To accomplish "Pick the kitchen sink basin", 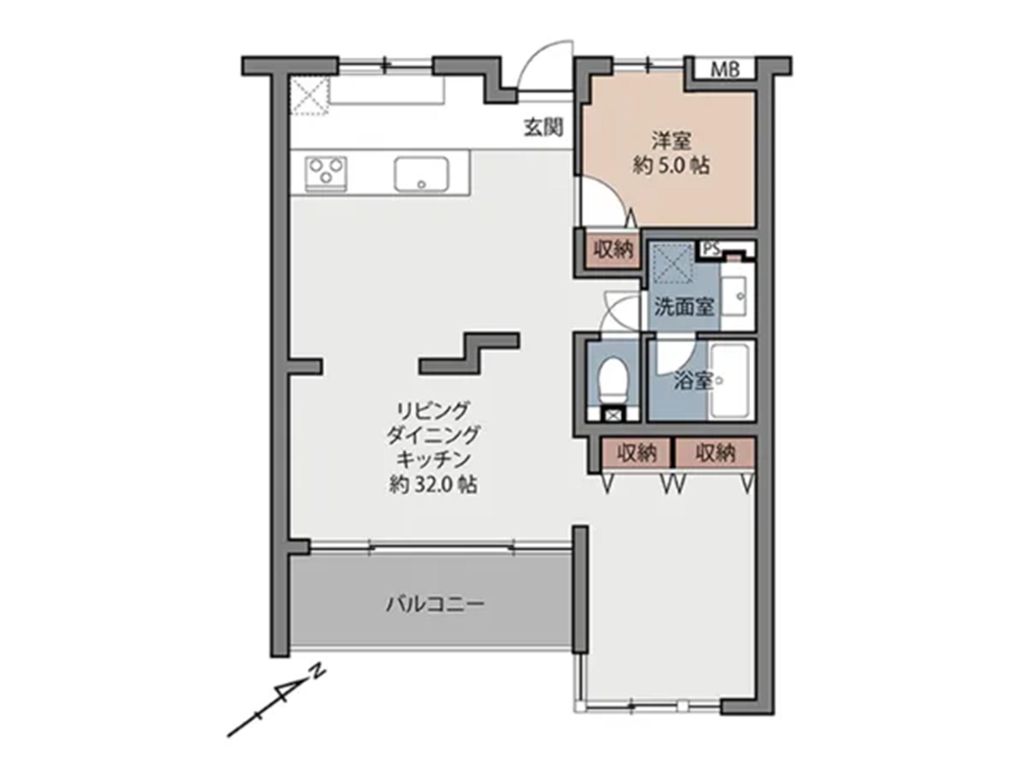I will click(421, 173).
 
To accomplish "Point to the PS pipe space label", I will click(711, 250).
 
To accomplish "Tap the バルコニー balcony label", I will click(435, 604).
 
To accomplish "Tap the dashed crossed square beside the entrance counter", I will click(309, 96).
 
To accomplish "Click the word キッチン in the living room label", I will click(433, 460).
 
